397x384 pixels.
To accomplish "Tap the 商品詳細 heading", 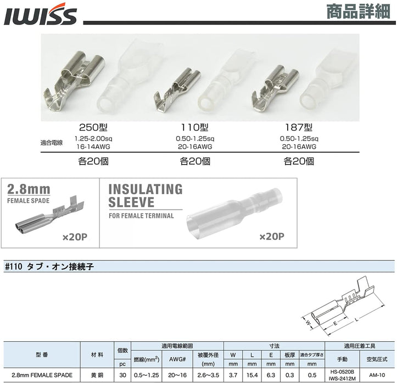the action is [358, 12].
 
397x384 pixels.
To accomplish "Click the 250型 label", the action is [93, 127].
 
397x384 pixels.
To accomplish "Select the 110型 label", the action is [195, 127].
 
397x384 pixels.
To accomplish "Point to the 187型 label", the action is [299, 127].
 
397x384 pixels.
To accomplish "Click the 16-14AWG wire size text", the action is [93, 146].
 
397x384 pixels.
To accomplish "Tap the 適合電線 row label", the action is [52, 143].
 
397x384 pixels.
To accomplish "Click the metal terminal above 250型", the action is [74, 80].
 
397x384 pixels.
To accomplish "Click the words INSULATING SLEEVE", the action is [146, 196].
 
